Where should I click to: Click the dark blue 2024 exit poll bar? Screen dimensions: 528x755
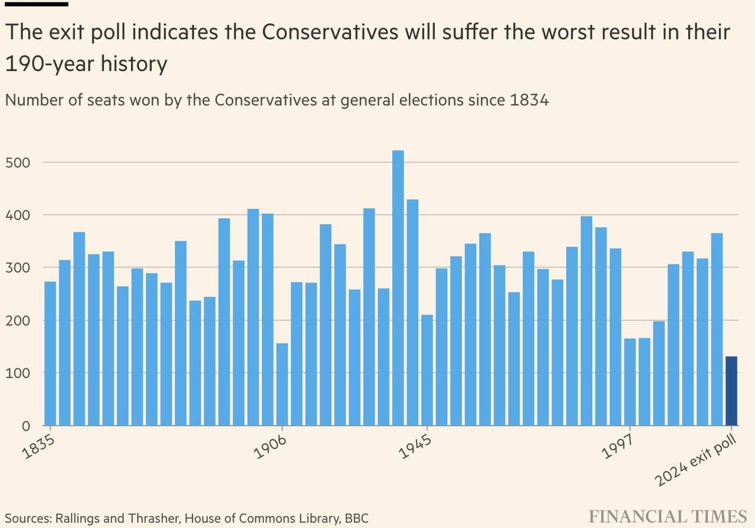point(731,391)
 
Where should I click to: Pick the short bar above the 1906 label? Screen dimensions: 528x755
point(282,384)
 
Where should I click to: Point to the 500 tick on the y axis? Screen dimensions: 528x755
point(18,162)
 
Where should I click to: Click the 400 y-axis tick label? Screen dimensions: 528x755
point(18,215)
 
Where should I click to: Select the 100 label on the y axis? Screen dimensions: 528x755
point(18,373)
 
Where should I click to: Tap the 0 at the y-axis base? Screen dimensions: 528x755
point(25,426)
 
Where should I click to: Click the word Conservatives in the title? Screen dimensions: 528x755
point(330,32)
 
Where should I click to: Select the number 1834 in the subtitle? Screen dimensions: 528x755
point(527,100)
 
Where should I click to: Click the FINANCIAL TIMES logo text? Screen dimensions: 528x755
point(668,516)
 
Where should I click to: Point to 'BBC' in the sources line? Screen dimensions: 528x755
point(356,519)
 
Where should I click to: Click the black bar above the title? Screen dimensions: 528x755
point(37,4)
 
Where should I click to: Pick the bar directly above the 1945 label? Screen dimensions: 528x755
point(427,370)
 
